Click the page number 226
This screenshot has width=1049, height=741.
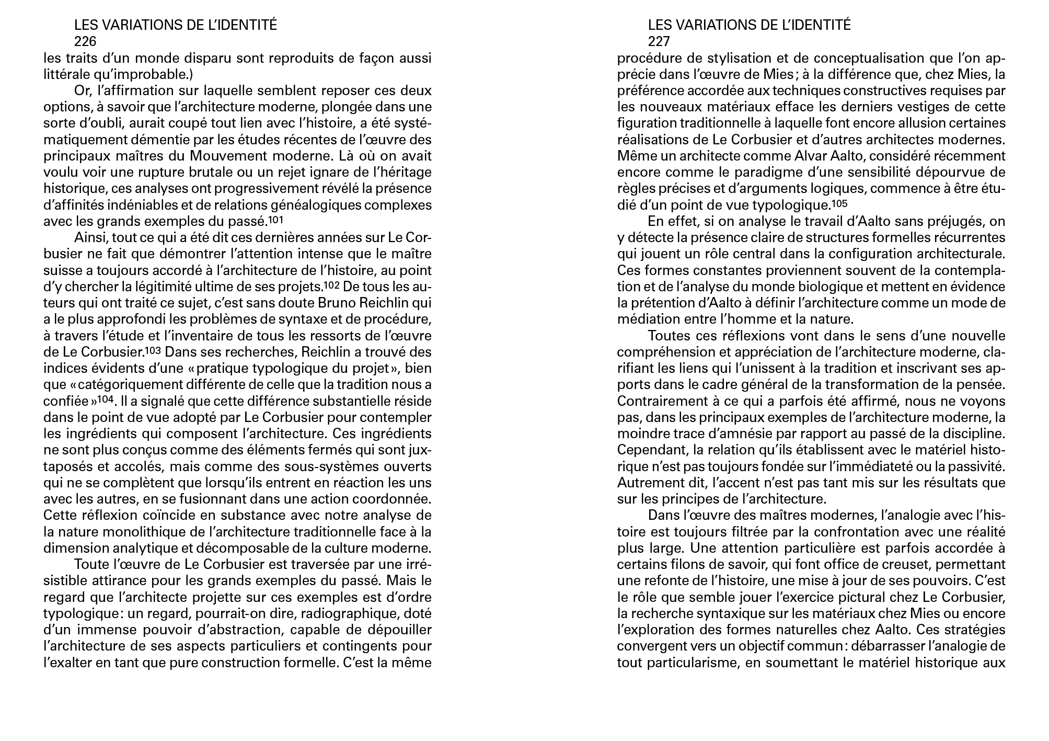85,41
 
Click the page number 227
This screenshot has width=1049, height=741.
659,41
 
